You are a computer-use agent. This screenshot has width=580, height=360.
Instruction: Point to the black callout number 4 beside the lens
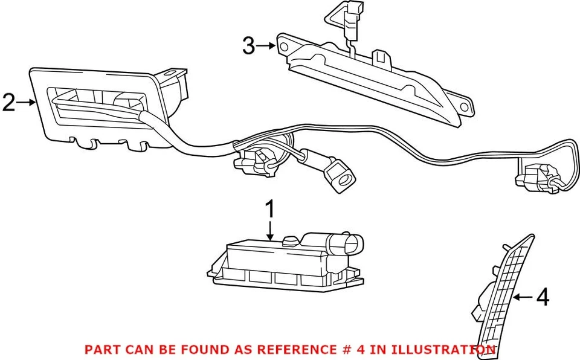pos(543,297)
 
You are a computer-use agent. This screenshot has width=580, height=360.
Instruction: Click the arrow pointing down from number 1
pos(270,231)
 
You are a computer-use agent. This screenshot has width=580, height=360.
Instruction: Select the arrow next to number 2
pos(26,103)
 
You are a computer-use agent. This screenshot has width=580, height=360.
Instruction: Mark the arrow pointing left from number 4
pos(523,297)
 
